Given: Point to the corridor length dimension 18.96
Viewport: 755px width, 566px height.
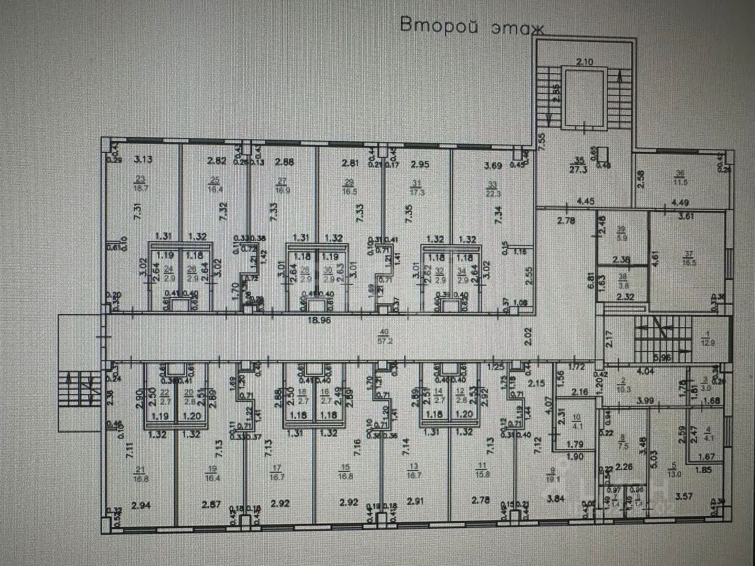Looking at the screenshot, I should (x=320, y=319).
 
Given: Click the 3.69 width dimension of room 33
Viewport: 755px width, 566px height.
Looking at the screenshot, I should (x=493, y=165).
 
